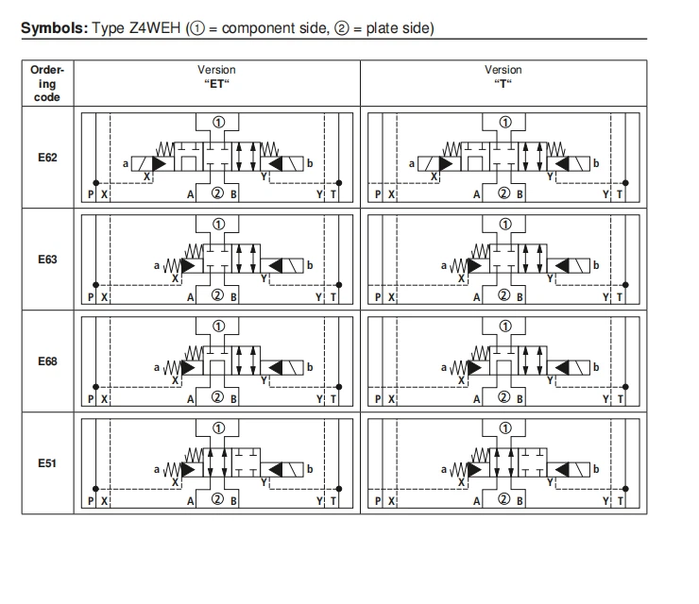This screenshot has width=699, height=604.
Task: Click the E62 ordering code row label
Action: pyautogui.click(x=47, y=158)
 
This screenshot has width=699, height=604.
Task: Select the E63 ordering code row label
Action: pyautogui.click(x=47, y=260)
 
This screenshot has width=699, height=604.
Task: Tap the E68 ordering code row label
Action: pyautogui.click(x=47, y=361)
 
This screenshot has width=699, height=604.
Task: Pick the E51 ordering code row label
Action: pyautogui.click(x=47, y=463)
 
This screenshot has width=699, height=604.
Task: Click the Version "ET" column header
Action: pyautogui.click(x=216, y=76)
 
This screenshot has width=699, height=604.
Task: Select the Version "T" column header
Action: pyautogui.click(x=503, y=76)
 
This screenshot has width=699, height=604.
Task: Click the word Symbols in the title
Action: pyautogui.click(x=55, y=28)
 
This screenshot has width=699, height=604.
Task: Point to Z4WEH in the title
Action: pyautogui.click(x=155, y=28)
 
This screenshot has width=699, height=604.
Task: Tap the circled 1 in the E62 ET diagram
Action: pyautogui.click(x=218, y=122)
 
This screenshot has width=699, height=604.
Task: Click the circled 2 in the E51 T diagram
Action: pyautogui.click(x=503, y=499)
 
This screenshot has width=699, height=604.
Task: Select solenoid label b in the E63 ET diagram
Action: pyautogui.click(x=310, y=265)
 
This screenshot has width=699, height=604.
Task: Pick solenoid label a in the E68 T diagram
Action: pyautogui.click(x=444, y=367)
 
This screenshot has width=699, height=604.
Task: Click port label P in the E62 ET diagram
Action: pyautogui.click(x=91, y=194)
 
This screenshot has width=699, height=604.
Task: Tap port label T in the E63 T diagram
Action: pyautogui.click(x=620, y=296)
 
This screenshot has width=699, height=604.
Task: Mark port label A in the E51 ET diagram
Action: pyautogui.click(x=191, y=501)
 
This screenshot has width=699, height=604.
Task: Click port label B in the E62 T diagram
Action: pyautogui.click(x=520, y=194)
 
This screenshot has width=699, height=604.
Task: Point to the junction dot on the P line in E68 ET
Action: pyautogui.click(x=95, y=387)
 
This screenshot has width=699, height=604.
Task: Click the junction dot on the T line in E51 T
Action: pyautogui.click(x=625, y=489)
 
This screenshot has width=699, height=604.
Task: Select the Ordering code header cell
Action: pyautogui.click(x=47, y=83)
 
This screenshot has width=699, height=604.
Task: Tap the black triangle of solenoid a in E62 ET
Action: pyautogui.click(x=159, y=164)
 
